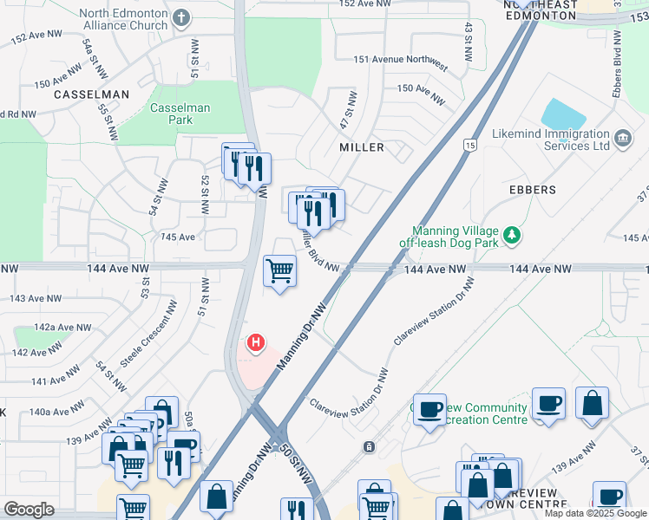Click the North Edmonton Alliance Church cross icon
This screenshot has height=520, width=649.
(x=180, y=17)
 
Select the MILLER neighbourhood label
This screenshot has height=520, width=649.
(x=362, y=147)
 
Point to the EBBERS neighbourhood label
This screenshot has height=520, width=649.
(x=534, y=189)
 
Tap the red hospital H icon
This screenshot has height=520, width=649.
(x=255, y=343)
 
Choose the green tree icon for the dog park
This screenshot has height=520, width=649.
(x=513, y=234)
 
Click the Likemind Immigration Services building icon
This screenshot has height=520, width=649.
(x=622, y=139)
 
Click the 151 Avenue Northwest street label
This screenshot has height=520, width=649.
(x=401, y=66)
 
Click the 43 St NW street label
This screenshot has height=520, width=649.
(x=469, y=42)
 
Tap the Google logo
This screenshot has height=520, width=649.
(x=29, y=509)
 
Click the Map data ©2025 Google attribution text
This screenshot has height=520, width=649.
(x=594, y=513)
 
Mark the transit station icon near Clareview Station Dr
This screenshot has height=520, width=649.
(x=370, y=446)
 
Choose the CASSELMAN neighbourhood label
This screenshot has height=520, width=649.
(x=91, y=94)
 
